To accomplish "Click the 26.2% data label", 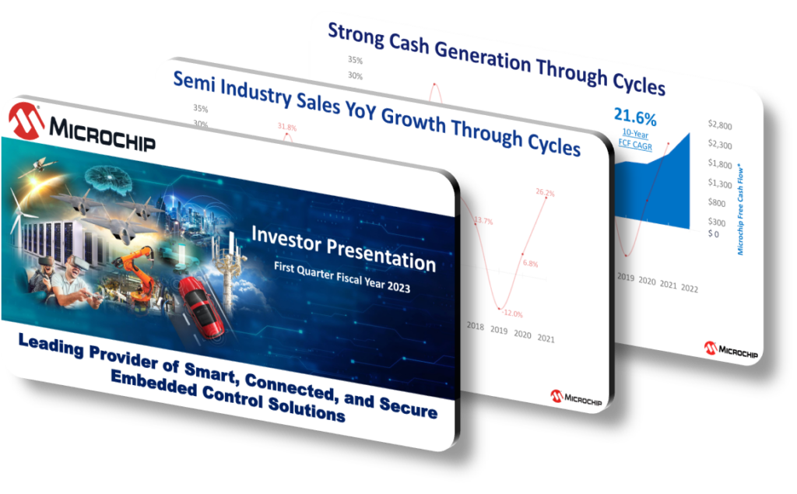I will point(544,193).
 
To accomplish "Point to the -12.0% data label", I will point(510,313).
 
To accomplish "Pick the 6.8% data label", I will point(530,264).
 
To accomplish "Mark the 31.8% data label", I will point(286,128).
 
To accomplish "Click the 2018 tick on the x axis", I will point(475,328).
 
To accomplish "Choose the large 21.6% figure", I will point(635,118).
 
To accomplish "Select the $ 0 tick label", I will point(712,233).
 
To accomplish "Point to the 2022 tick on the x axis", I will point(689,287).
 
